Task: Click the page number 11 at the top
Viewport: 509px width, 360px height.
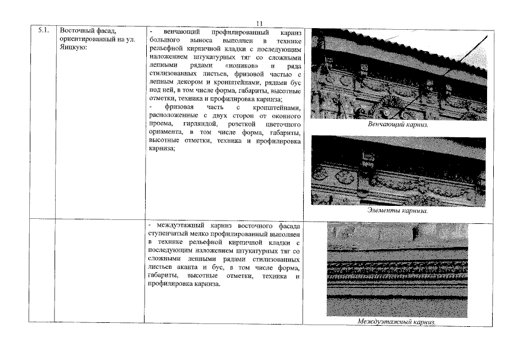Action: click(x=259, y=23)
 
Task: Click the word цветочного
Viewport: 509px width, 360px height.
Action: click(x=284, y=124)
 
